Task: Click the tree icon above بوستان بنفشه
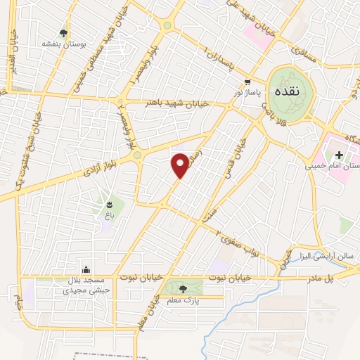64,32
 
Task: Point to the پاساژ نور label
248,92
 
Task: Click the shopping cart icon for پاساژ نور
248,82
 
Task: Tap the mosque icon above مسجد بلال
86,269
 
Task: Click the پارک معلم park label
184,301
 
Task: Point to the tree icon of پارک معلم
184,288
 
